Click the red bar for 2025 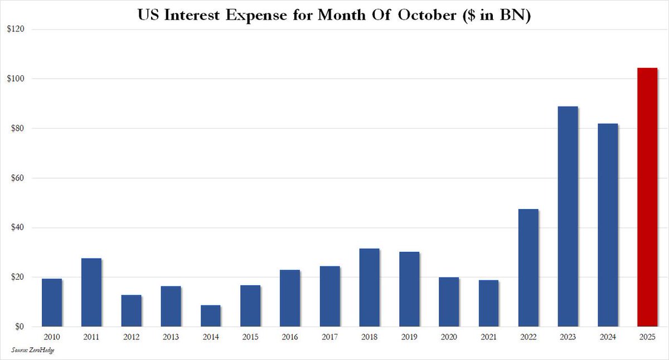(x=647, y=197)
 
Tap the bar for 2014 (x=210, y=316)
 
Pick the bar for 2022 (x=528, y=268)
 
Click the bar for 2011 (x=91, y=293)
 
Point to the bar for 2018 (x=369, y=288)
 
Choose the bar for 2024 (x=608, y=225)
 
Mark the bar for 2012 (x=131, y=311)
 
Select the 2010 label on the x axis (x=51, y=338)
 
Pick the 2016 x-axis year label (x=290, y=338)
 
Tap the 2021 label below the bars (x=488, y=338)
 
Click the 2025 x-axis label (x=647, y=338)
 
